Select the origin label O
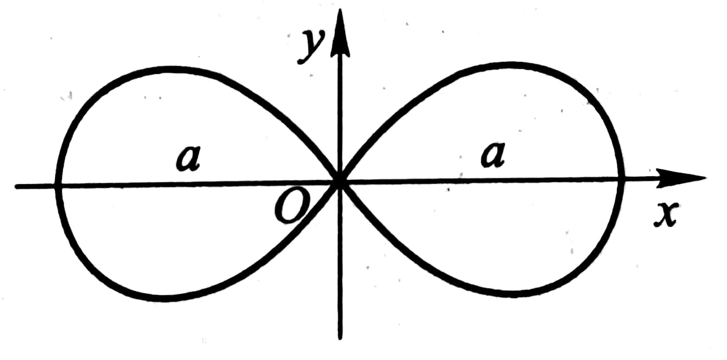(x=291, y=208)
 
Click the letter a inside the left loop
(x=189, y=159)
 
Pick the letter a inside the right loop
(x=493, y=154)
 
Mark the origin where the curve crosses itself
(x=340, y=182)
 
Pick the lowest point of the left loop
(x=163, y=299)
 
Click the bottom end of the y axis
(x=340, y=338)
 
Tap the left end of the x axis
(x=17, y=186)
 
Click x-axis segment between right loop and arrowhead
(x=640, y=179)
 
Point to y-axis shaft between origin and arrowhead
(x=340, y=115)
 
